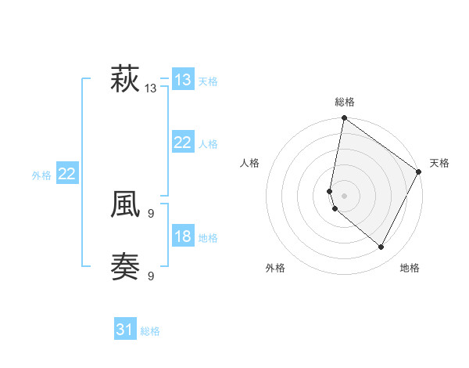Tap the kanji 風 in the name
click(x=125, y=205)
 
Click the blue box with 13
click(x=182, y=79)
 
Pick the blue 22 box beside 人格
click(x=182, y=143)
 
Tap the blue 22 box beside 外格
click(x=66, y=174)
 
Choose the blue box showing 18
click(x=182, y=236)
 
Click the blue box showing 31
click(x=125, y=330)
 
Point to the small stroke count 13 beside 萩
click(x=151, y=88)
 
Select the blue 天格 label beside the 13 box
click(x=208, y=81)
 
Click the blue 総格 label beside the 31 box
click(x=150, y=331)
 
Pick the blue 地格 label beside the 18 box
click(x=208, y=238)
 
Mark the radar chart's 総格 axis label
click(x=344, y=102)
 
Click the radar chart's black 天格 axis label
click(x=439, y=163)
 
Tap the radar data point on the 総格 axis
click(x=344, y=118)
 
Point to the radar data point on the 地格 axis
click(x=381, y=247)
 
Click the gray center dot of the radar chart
click(x=344, y=196)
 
